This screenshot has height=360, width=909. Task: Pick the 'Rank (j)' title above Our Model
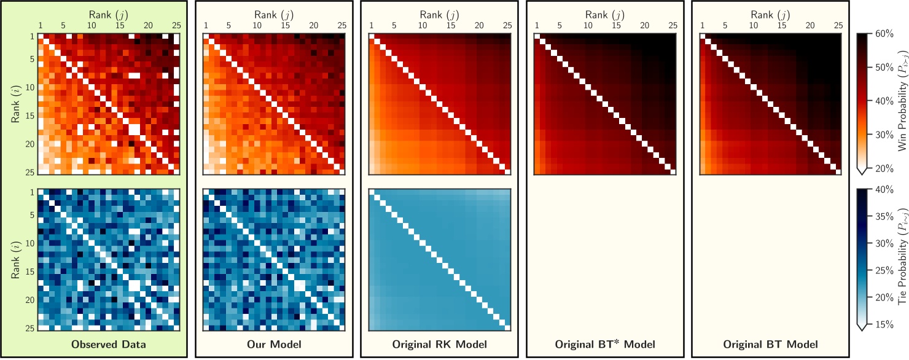coord(275,14)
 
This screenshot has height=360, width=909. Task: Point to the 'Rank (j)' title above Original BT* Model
coord(605,14)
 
